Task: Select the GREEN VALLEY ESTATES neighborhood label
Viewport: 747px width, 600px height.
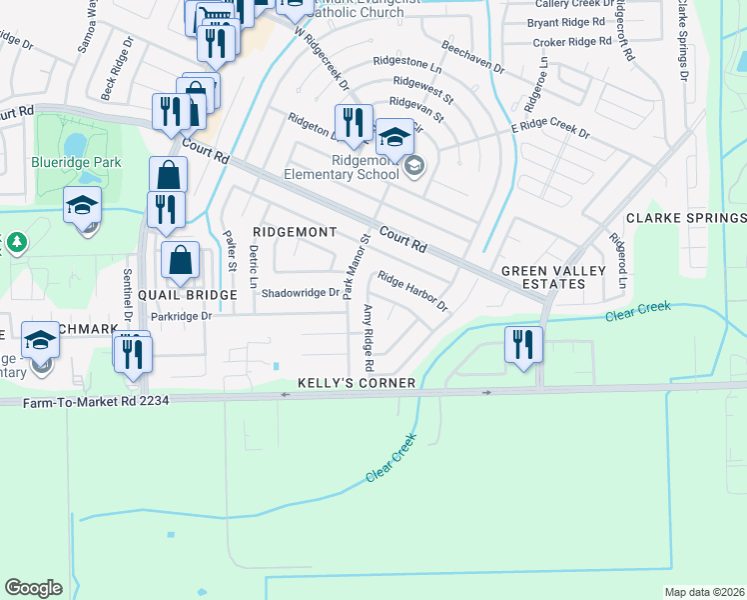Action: click(543, 277)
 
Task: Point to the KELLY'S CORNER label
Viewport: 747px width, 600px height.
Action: click(357, 383)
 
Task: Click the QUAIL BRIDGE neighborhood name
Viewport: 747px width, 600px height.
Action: click(187, 295)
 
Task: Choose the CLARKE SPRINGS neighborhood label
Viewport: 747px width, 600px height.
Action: click(686, 218)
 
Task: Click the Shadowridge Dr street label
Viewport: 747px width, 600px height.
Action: click(300, 293)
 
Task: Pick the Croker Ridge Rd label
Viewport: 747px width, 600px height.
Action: click(571, 42)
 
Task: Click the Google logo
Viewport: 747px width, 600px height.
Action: click(34, 588)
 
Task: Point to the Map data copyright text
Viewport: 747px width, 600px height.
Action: click(704, 592)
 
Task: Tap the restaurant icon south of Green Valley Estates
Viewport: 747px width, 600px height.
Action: click(523, 345)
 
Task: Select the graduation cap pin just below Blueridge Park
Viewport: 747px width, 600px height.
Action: click(82, 207)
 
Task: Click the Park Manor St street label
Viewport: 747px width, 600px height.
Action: click(349, 265)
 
